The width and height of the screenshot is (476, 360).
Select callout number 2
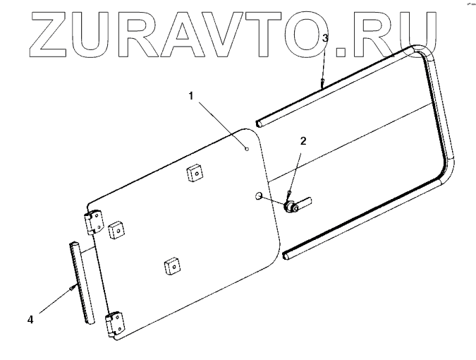pos(303,140)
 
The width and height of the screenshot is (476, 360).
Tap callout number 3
pos(324,39)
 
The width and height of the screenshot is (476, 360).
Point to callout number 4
pos(30,319)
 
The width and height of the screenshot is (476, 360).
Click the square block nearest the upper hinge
pos(117,229)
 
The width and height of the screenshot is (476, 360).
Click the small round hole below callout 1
pos(246,148)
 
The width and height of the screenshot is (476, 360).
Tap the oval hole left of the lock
pos(260,195)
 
